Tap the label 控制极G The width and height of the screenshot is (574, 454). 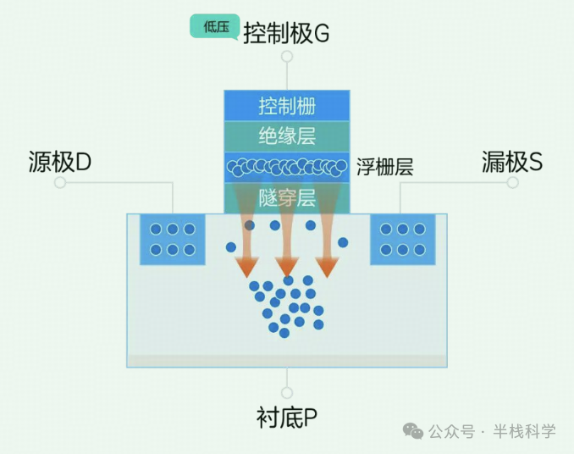pyautogui.click(x=285, y=34)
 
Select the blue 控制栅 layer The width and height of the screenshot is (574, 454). pyautogui.click(x=287, y=107)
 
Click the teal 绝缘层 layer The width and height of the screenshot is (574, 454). pyautogui.click(x=287, y=136)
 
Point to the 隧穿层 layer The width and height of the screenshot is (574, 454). pyautogui.click(x=287, y=199)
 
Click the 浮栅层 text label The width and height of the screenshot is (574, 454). pyautogui.click(x=384, y=167)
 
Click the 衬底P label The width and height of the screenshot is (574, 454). pyautogui.click(x=286, y=418)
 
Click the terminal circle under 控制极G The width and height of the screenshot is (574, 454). pyautogui.click(x=287, y=57)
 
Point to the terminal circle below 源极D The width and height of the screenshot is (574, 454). pyautogui.click(x=60, y=182)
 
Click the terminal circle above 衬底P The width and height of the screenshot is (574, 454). pyautogui.click(x=287, y=393)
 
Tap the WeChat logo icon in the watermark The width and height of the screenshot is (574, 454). pyautogui.click(x=414, y=431)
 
